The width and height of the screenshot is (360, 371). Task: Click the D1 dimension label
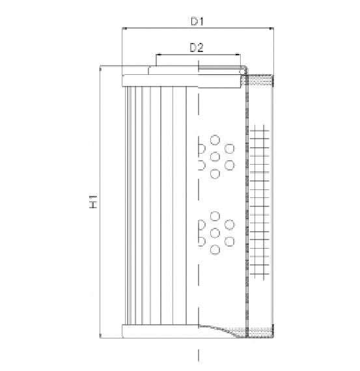[x=198, y=21]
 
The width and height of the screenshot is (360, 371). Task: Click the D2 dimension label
[x=197, y=47]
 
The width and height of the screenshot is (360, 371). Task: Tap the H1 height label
[x=94, y=202]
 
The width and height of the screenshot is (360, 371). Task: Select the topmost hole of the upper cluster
[x=215, y=139]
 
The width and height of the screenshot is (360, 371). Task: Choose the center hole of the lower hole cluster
[x=215, y=232]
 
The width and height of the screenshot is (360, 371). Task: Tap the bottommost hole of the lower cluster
[x=215, y=250]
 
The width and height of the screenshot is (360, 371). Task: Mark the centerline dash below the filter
[x=197, y=355]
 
